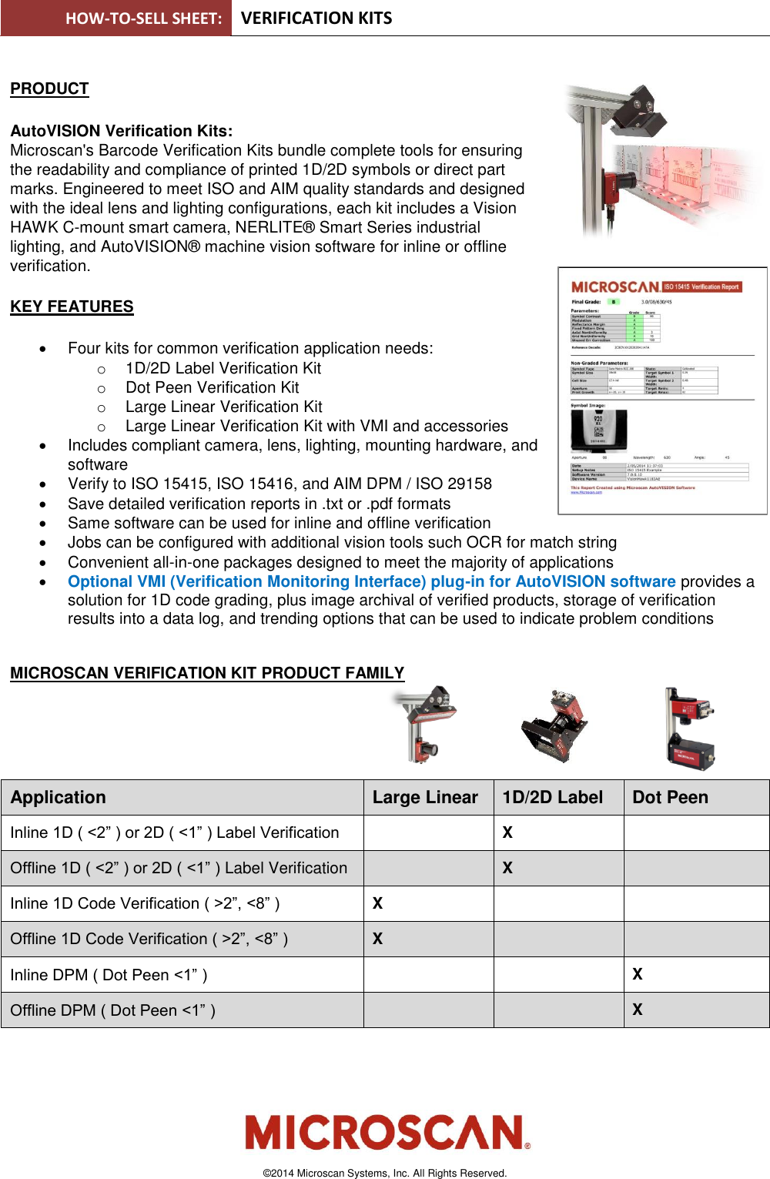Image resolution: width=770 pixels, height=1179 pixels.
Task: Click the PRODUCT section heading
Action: coord(49,89)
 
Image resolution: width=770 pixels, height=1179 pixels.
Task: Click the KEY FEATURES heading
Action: coord(72,306)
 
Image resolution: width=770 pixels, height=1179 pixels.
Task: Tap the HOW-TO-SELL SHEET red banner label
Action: coord(143,18)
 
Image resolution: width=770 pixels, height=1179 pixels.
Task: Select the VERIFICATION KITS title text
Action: coord(316,18)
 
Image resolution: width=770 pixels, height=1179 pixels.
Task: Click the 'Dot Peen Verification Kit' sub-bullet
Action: coord(212,387)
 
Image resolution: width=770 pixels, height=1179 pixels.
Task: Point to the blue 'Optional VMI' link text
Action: coord(371,581)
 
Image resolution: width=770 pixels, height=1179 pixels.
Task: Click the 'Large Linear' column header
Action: coord(425,798)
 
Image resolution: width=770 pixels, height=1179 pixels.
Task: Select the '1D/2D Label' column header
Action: coord(552,798)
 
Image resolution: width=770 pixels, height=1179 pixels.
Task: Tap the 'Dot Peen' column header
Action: coord(670,798)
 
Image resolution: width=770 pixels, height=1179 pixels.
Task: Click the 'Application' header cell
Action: coord(59,798)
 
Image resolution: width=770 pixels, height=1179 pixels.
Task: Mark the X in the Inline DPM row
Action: coord(638,974)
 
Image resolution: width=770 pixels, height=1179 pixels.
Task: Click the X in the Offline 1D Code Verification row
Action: coord(377,939)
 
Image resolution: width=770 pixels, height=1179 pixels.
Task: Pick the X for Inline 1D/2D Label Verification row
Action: coord(507,832)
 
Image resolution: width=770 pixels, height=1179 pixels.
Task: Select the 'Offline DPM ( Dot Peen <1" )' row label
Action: coord(113,1010)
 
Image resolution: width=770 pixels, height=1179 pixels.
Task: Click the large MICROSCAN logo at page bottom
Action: coord(387,1132)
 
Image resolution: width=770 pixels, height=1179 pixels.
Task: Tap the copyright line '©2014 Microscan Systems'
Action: coord(385,1173)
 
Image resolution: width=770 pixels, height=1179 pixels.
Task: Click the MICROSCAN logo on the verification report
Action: coord(614,286)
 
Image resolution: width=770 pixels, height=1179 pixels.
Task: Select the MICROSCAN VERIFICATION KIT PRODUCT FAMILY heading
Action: coord(207,673)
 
